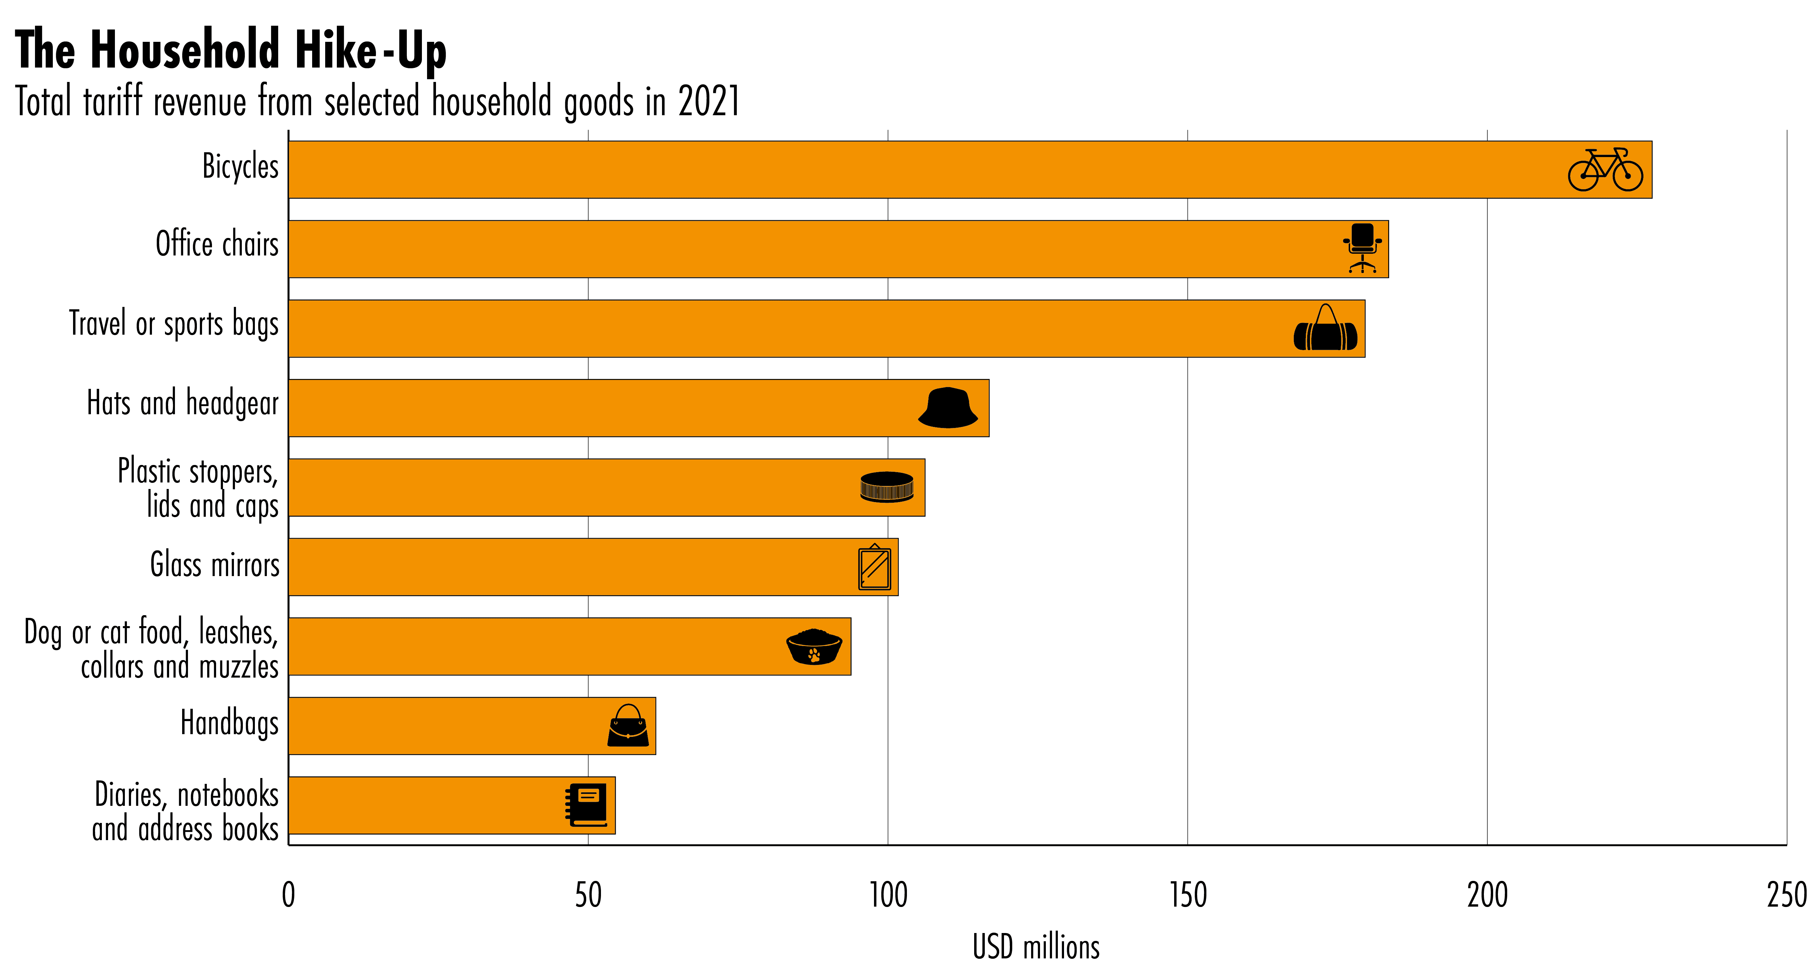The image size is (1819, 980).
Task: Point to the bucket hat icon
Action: coord(948,408)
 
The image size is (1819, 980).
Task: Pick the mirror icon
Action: coord(874,567)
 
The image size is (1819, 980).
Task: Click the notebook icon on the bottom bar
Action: coord(586,805)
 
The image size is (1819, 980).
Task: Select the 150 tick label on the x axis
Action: coord(1188,895)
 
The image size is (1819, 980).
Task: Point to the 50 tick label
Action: coord(588,895)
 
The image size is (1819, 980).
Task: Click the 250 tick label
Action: coord(1786,895)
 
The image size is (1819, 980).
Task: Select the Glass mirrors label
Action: coord(215,565)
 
